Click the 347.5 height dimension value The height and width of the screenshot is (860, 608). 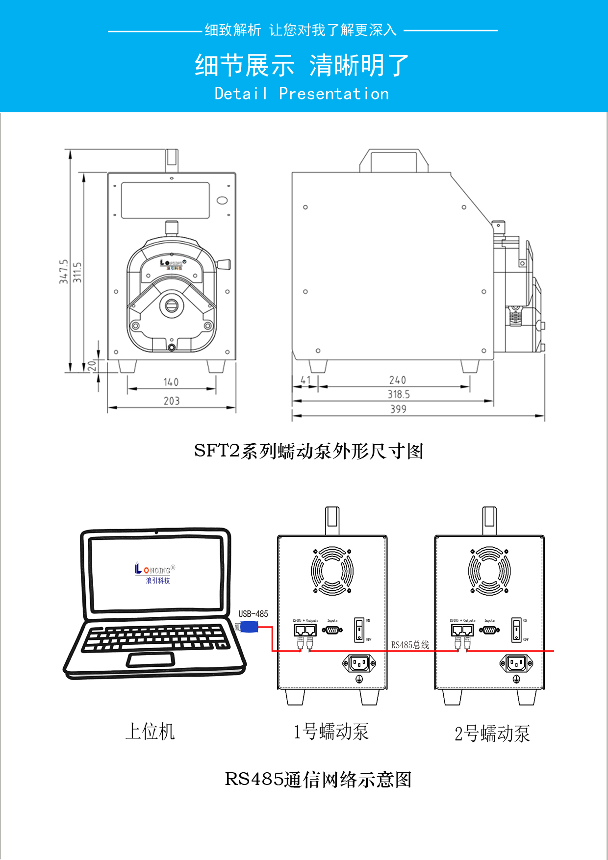tap(64, 272)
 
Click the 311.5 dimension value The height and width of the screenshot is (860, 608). tap(77, 272)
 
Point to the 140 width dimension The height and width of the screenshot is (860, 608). tap(171, 382)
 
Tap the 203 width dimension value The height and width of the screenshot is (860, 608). tap(172, 401)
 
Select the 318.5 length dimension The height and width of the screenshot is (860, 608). tap(399, 394)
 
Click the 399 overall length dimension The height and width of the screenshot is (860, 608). tap(398, 409)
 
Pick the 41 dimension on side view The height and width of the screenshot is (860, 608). tap(305, 380)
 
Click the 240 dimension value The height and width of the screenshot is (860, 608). tap(398, 380)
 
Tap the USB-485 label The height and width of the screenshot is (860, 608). tap(253, 614)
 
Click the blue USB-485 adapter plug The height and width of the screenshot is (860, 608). tap(249, 627)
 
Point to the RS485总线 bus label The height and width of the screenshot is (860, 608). tap(410, 645)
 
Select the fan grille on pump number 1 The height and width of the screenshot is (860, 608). tap(332, 571)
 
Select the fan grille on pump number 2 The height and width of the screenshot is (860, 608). tap(489, 571)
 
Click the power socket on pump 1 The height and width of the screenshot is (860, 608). tap(359, 664)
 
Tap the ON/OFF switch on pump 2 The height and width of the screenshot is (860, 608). tap(516, 630)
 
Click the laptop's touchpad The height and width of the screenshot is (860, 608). tap(151, 660)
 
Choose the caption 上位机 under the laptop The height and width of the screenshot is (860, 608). tap(150, 732)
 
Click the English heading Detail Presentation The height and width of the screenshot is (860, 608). tap(302, 94)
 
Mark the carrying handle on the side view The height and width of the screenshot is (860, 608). tap(394, 161)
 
